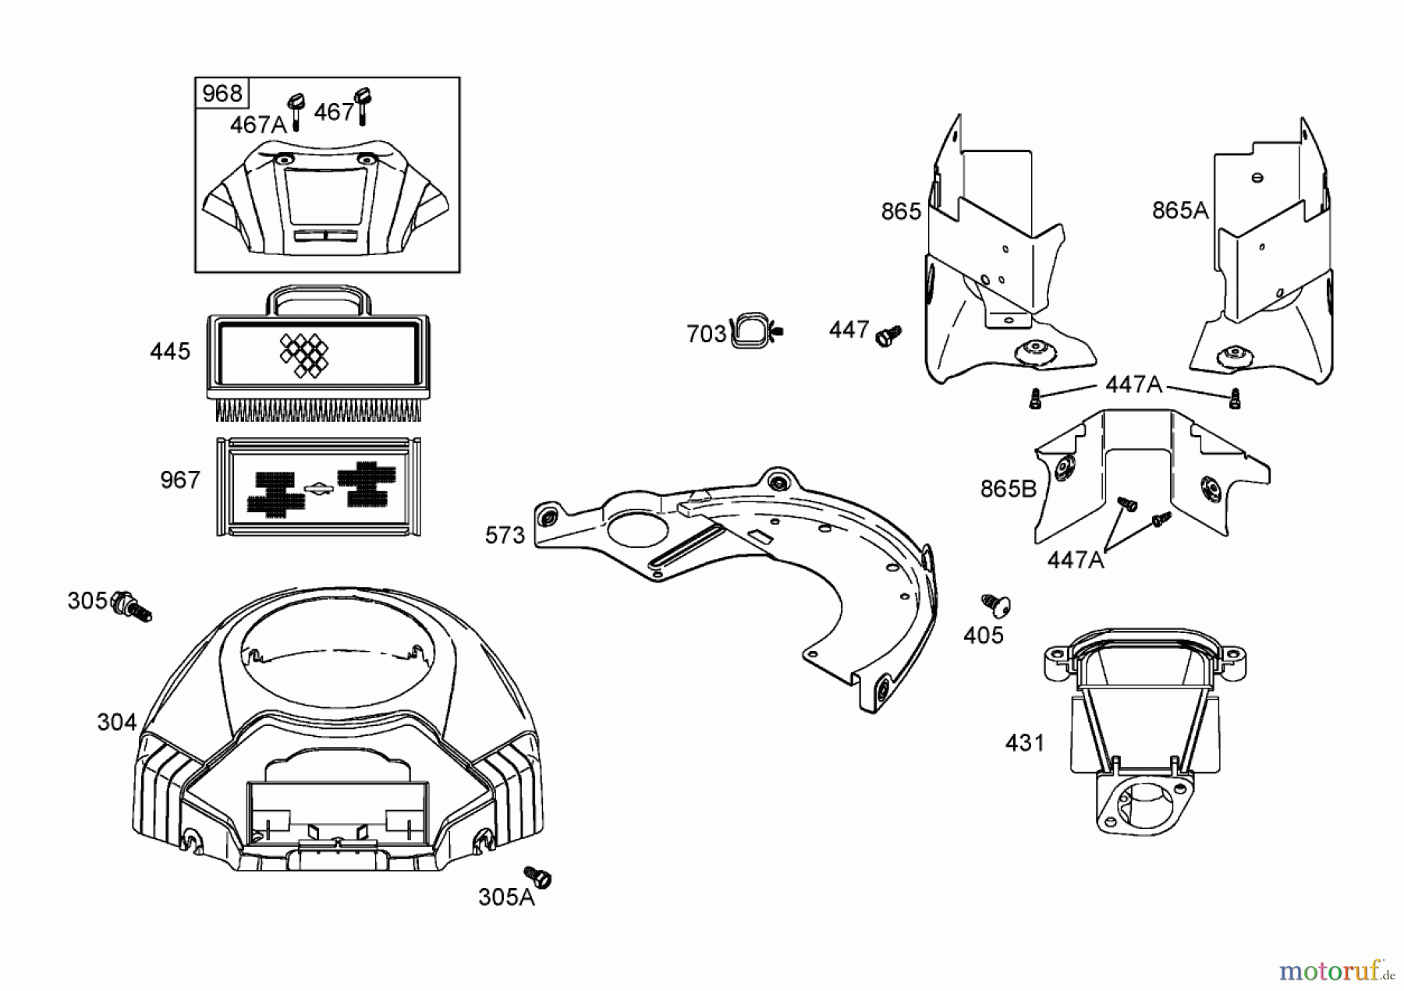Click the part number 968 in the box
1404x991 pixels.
click(222, 94)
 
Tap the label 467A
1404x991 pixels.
click(258, 125)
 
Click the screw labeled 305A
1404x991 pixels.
click(537, 876)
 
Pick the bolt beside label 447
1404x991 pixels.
click(888, 335)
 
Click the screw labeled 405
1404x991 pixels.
click(996, 603)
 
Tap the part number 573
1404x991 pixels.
click(505, 536)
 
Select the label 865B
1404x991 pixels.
click(1008, 489)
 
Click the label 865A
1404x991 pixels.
click(1179, 211)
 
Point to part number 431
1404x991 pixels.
click(1024, 743)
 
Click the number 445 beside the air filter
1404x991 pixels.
click(170, 352)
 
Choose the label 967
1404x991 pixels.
click(180, 480)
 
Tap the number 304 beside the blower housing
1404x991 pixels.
click(117, 723)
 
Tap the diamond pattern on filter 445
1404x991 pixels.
click(304, 355)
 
